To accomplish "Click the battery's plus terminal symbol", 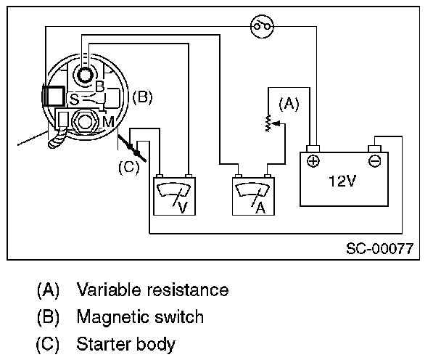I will [313, 160].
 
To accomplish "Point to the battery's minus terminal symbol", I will [374, 160].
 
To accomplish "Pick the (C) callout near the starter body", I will [127, 166].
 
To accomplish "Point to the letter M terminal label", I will [108, 120].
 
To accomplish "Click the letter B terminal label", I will [100, 86].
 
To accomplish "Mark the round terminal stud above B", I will [86, 73].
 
